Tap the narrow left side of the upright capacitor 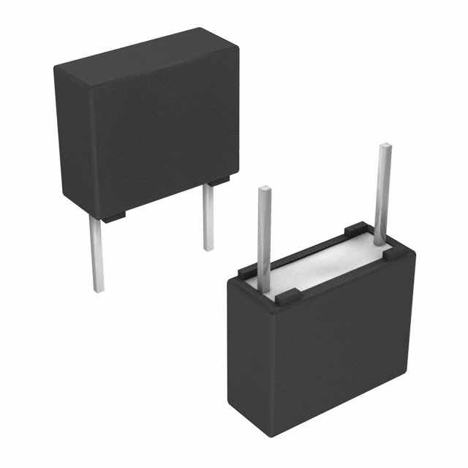point(70,139)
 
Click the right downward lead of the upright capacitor point(208,216)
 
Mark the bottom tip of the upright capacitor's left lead point(97,290)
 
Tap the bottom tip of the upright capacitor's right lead point(209,249)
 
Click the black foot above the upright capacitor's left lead point(113,216)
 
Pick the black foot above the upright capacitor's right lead point(218,179)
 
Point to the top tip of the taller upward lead point(385,147)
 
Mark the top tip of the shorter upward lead point(264,189)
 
